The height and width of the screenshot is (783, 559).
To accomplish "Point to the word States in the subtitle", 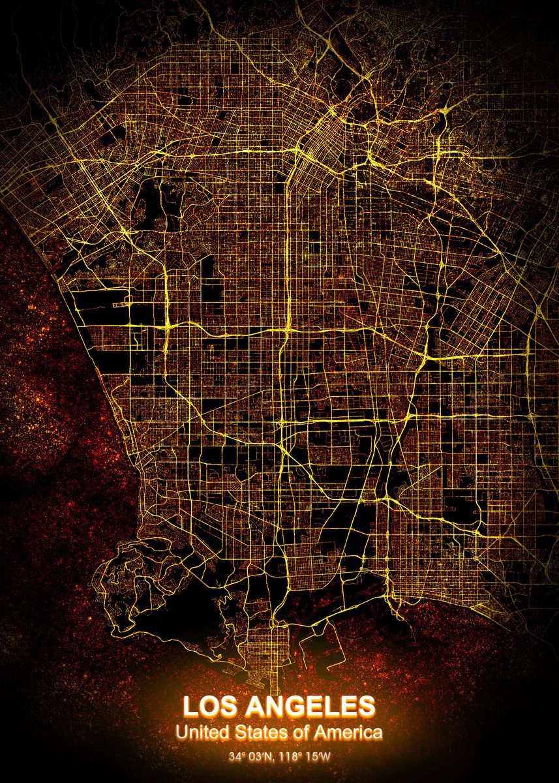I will pos(260,733).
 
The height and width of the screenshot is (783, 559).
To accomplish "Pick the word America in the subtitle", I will pos(348,733).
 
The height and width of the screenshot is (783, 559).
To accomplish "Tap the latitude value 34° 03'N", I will pos(253,757).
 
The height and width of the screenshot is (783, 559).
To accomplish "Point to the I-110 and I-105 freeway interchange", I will pos(286,328).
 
